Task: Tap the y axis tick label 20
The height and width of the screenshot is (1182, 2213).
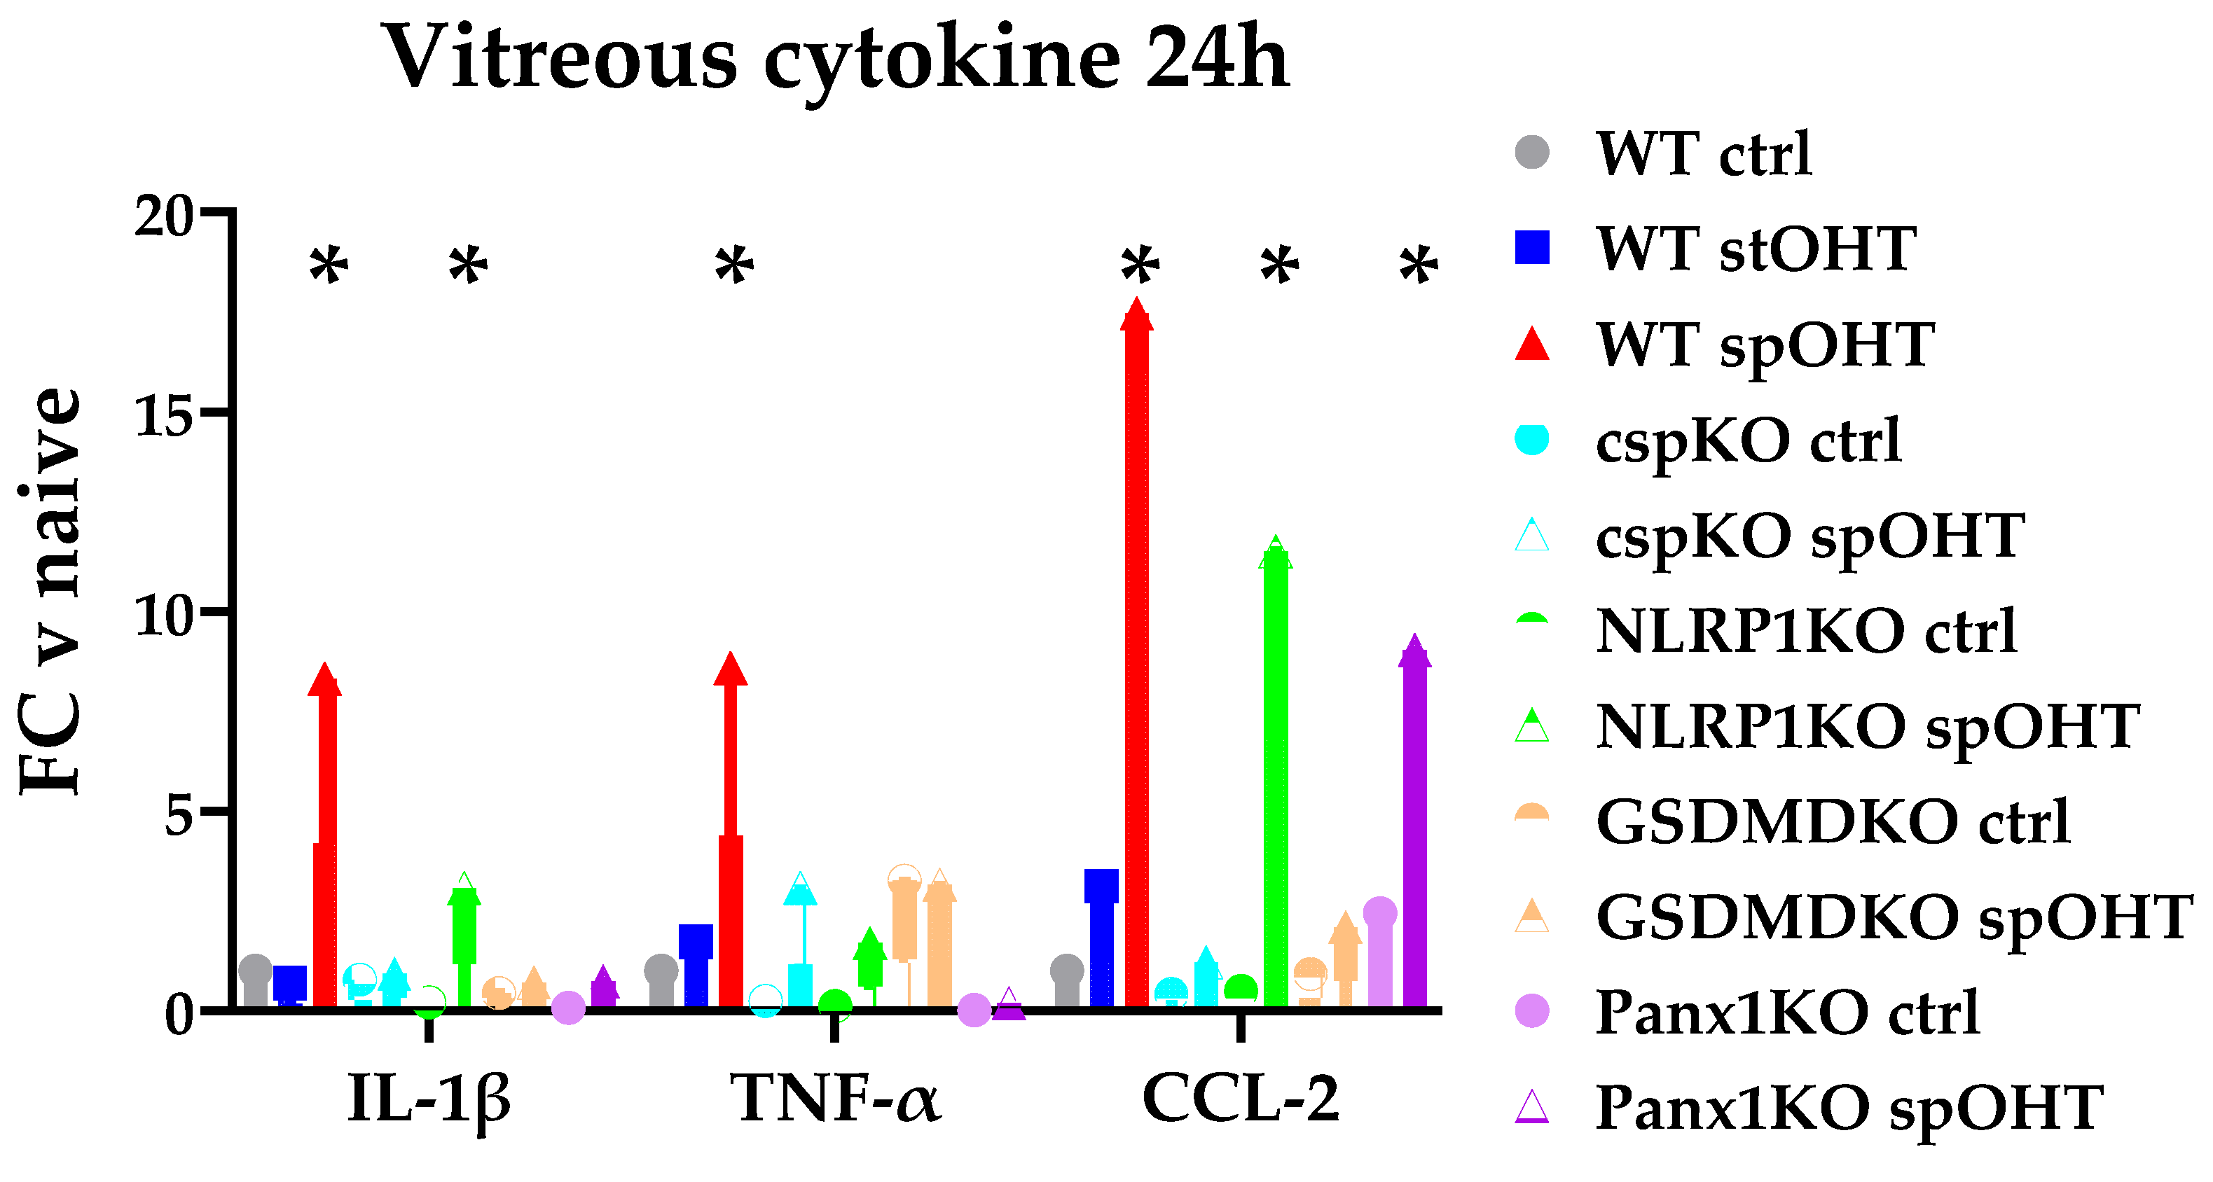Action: tap(165, 216)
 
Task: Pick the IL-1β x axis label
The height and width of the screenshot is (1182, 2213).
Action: tap(429, 1099)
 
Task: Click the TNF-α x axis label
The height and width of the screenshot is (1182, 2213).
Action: tap(835, 1099)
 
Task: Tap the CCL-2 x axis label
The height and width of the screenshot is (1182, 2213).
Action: tap(1241, 1099)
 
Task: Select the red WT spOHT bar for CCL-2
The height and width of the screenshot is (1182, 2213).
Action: tap(1136, 662)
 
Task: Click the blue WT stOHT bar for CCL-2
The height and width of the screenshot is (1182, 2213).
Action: tap(1101, 945)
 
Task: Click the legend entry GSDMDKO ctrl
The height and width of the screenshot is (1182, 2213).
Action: tap(1833, 822)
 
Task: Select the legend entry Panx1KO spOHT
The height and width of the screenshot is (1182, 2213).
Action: tap(1849, 1108)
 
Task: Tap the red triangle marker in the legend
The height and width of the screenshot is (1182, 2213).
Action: tap(1533, 344)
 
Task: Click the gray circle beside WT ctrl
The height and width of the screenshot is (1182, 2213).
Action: tap(1533, 153)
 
